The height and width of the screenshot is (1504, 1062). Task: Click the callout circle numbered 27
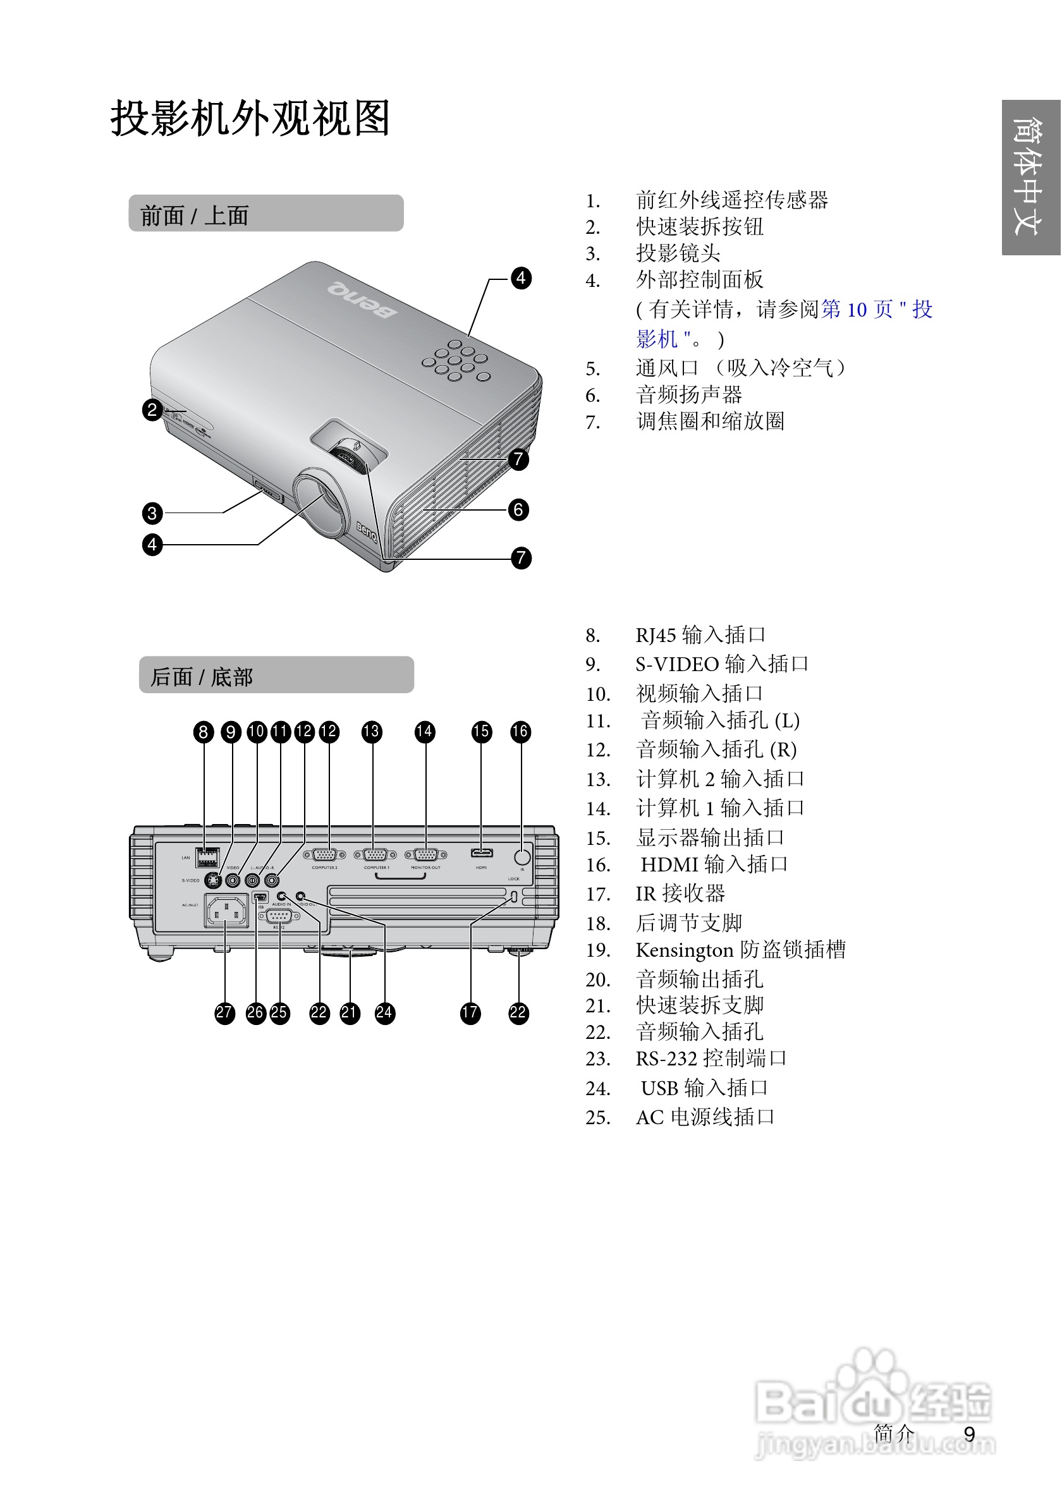224,1013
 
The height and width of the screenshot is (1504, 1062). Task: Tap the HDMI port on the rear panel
482,853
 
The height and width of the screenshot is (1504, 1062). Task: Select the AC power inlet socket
227,911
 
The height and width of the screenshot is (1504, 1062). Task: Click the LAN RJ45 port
208,856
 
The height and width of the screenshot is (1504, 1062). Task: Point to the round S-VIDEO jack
212,880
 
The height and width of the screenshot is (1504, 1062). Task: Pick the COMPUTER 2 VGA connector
324,855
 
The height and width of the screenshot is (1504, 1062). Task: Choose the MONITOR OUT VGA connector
426,855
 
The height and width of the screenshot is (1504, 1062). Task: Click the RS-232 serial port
279,916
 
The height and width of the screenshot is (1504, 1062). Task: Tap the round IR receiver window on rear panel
522,857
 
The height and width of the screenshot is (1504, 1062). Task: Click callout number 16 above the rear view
520,732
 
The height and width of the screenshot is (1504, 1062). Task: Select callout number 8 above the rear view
204,732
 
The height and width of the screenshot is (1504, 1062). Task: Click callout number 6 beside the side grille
518,509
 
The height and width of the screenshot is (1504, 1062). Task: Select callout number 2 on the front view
152,410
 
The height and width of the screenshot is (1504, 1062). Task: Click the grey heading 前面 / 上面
265,214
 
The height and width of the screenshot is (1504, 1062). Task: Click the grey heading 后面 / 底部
276,675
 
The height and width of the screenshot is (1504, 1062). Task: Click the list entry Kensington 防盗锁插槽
740,950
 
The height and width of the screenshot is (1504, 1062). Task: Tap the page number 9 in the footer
969,1434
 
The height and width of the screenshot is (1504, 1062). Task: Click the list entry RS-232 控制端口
710,1058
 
